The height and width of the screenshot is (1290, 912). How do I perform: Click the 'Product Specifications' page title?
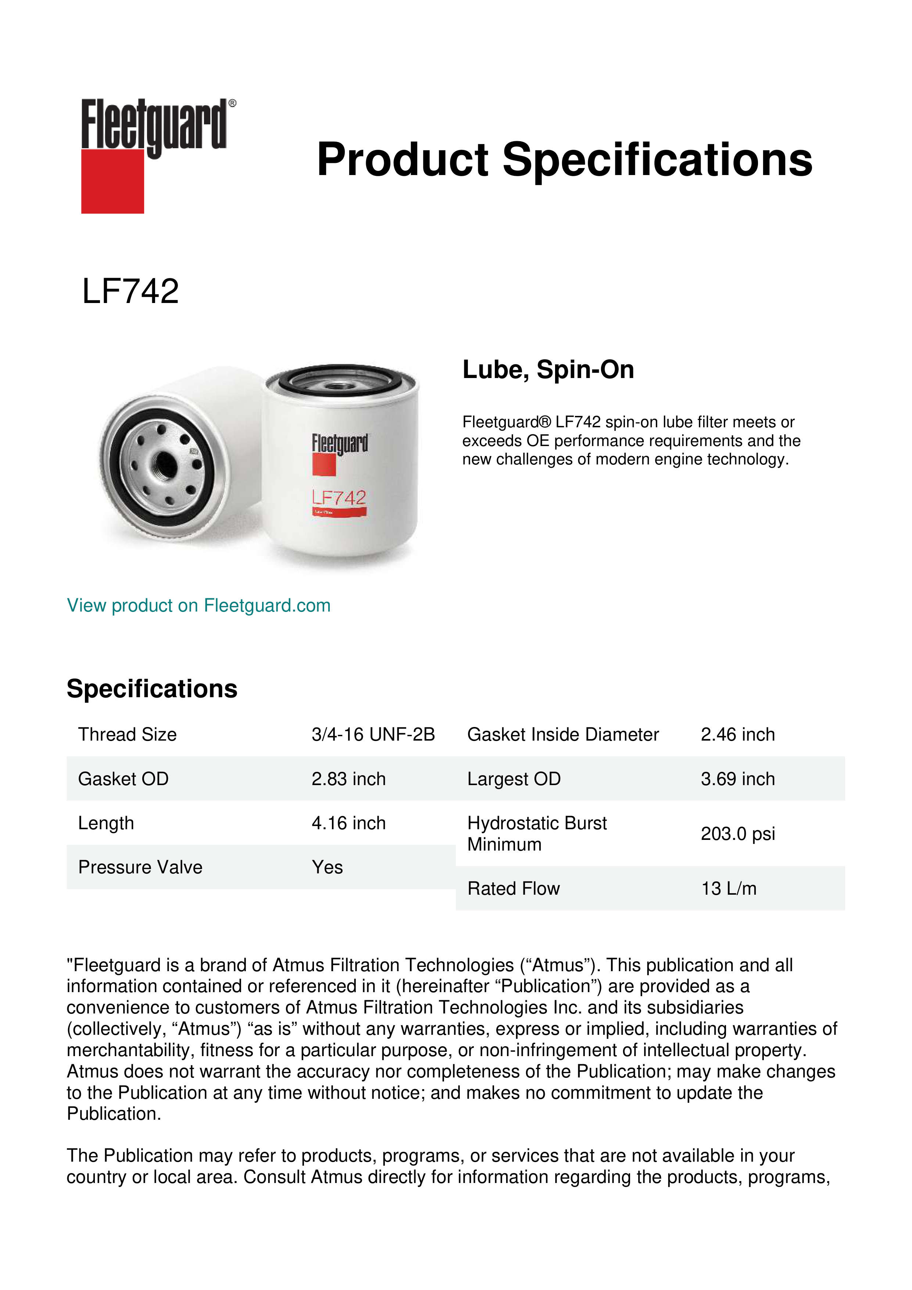point(564,160)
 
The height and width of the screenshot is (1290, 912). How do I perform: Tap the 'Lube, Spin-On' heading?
point(548,370)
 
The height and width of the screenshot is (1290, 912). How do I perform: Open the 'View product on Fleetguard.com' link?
point(198,605)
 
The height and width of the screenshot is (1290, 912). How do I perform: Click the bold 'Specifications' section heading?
point(151,688)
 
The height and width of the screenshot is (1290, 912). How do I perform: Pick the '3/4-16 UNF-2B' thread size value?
point(373,734)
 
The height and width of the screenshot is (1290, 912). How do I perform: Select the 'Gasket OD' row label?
point(123,779)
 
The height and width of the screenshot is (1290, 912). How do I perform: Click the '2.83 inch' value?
point(348,779)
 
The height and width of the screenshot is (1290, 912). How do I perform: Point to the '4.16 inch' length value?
point(348,823)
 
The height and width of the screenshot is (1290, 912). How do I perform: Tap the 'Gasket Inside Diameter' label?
point(563,734)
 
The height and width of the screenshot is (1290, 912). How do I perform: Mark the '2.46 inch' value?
point(737,734)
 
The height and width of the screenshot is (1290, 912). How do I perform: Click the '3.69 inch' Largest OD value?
point(737,779)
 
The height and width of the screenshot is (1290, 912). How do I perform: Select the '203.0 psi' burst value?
point(737,834)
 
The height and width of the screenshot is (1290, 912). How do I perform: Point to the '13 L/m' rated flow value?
point(728,888)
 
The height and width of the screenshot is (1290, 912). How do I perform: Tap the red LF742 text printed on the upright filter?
point(339,498)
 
